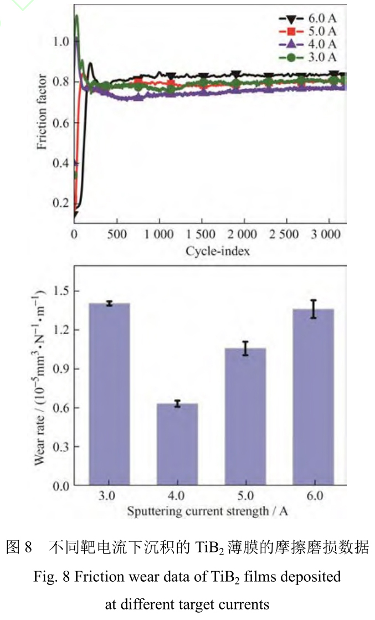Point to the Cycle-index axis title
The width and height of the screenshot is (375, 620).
(218, 251)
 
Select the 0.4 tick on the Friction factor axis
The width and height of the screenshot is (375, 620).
(61, 163)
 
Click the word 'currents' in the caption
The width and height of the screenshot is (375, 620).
(246, 604)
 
